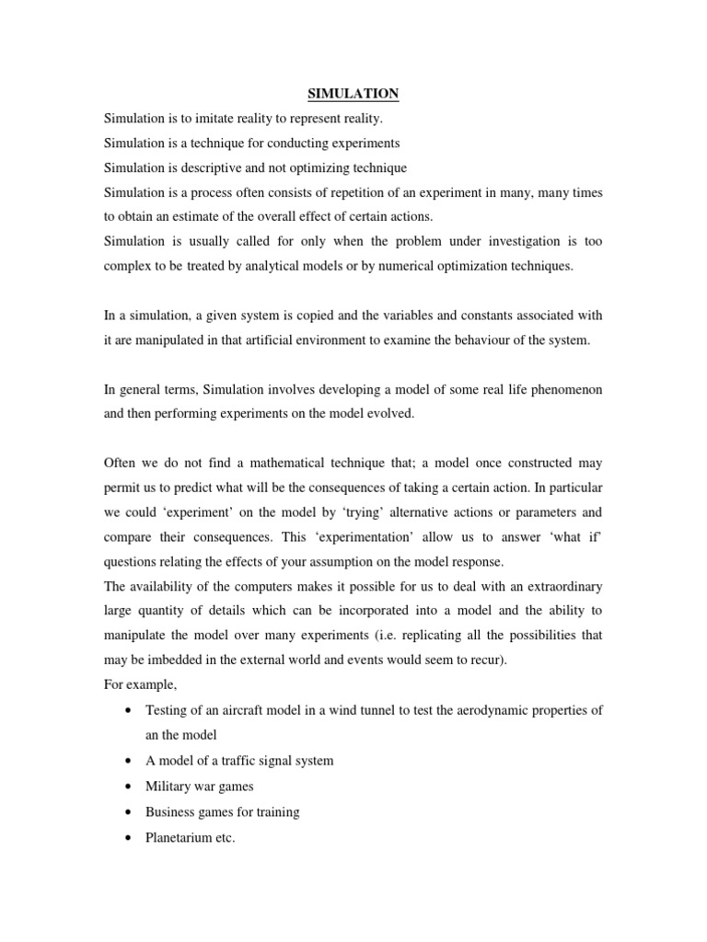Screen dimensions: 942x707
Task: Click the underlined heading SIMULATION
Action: [x=353, y=93]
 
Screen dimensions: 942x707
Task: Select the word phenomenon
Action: [x=562, y=390]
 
